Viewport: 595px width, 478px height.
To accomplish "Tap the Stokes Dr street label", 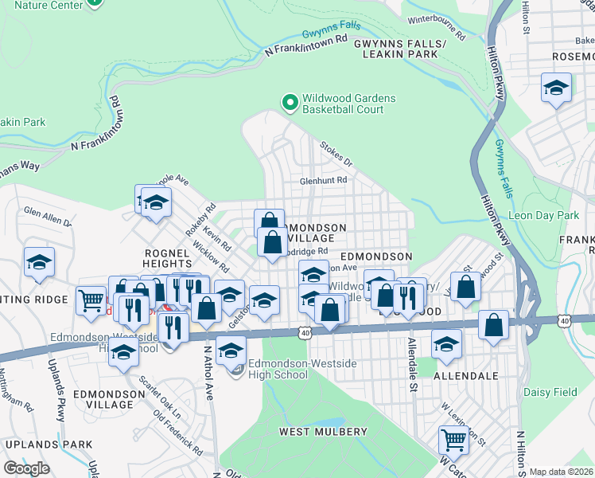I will (336, 154).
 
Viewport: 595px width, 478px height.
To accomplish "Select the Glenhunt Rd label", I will (323, 181).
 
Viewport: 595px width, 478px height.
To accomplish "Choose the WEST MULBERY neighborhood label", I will (321, 431).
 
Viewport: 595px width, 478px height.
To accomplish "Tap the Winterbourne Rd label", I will (435, 27).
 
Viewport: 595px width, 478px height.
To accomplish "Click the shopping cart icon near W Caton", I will (453, 439).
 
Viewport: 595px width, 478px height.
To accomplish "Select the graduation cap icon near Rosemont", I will (556, 88).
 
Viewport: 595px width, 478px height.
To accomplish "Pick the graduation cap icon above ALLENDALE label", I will (447, 344).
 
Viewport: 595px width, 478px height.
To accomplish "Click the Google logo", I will (26, 468).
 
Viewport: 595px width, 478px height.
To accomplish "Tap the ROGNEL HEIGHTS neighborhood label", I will (166, 258).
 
